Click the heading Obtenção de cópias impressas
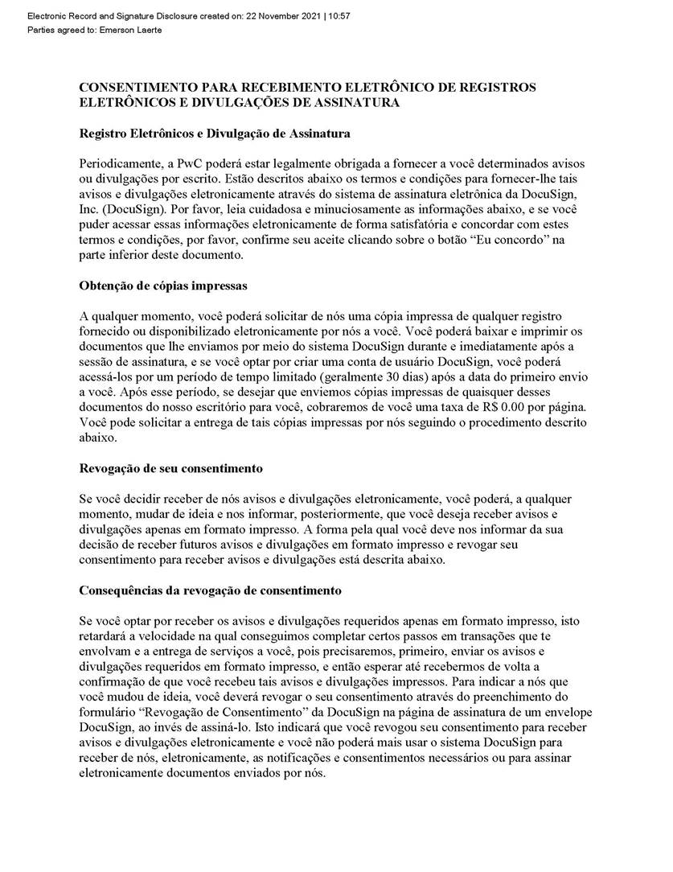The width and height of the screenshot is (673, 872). coord(163,286)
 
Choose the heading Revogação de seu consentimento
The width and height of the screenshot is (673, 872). coord(171,468)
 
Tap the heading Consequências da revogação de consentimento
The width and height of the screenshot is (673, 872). coord(211,590)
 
